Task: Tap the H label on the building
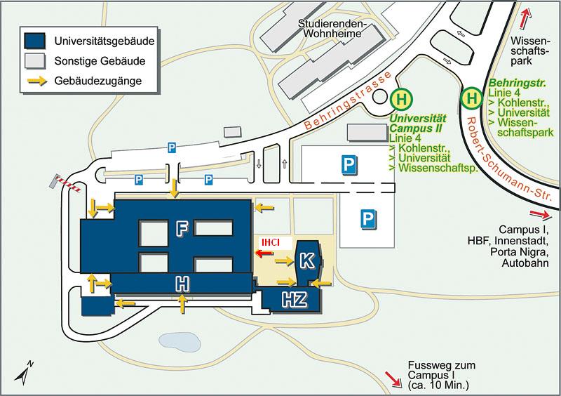pyautogui.click(x=182, y=284)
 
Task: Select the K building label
pyautogui.click(x=307, y=260)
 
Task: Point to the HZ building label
pyautogui.click(x=294, y=300)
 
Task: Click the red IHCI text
pyautogui.click(x=271, y=243)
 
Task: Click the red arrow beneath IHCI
pyautogui.click(x=264, y=253)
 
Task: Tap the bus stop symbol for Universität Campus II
pyautogui.click(x=401, y=99)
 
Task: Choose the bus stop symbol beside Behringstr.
pyautogui.click(x=472, y=98)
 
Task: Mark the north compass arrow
pyautogui.click(x=24, y=372)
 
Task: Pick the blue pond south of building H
pyautogui.click(x=179, y=341)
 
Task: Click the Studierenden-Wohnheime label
pyautogui.click(x=330, y=29)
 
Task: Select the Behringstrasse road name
pyautogui.click(x=347, y=100)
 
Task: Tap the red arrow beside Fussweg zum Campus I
pyautogui.click(x=393, y=379)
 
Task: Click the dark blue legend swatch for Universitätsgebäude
pyautogui.click(x=34, y=41)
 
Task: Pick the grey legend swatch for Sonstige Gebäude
pyautogui.click(x=34, y=60)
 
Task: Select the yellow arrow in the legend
pyautogui.click(x=38, y=81)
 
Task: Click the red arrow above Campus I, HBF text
pyautogui.click(x=540, y=214)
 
